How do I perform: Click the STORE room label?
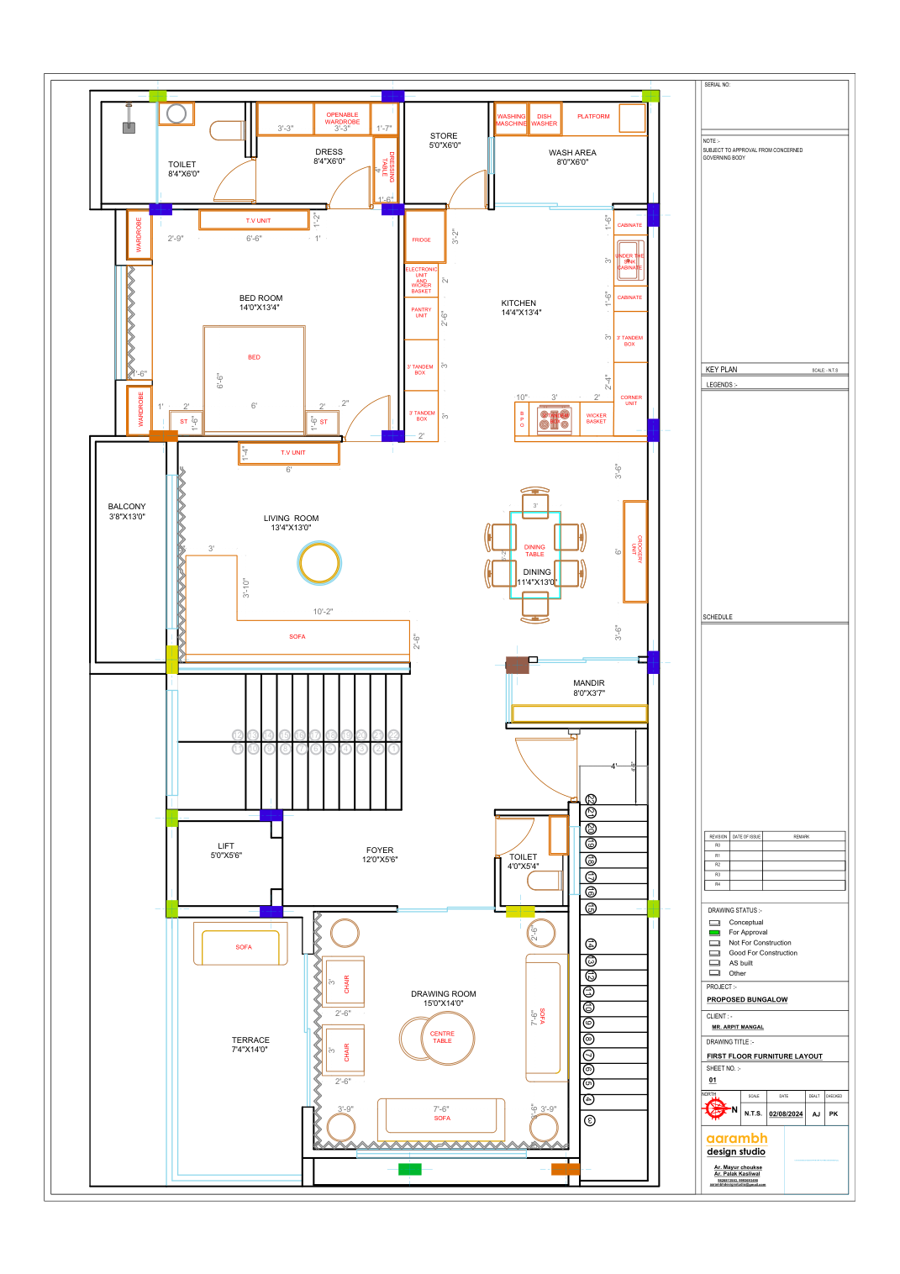point(444,136)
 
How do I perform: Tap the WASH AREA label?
point(572,153)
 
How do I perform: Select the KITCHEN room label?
point(518,303)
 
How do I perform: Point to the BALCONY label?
point(127,507)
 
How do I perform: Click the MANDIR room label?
point(588,683)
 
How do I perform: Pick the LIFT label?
point(226,846)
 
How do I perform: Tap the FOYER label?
point(380,850)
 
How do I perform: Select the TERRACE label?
point(250,1040)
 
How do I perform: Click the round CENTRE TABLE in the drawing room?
point(442,1038)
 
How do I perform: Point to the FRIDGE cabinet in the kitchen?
point(421,240)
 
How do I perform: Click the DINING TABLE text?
point(534,550)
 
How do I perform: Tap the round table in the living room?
point(319,563)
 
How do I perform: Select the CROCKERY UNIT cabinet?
point(635,551)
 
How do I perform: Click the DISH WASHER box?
point(545,120)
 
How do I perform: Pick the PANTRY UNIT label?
point(421,313)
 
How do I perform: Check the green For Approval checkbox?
point(714,933)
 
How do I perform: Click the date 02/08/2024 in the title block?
point(786,1114)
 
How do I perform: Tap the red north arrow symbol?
point(716,1109)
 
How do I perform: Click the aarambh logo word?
point(737,1138)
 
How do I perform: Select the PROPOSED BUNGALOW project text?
point(747,1000)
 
